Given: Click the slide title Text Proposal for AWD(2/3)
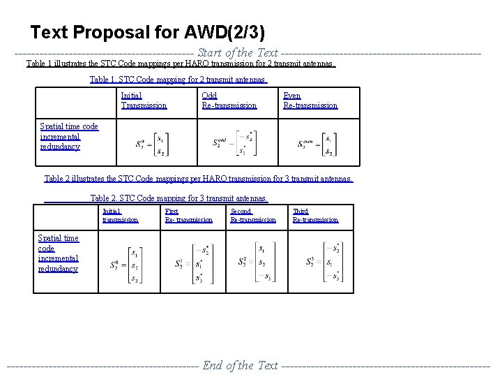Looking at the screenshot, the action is (147, 32).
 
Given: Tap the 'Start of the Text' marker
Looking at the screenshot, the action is (238, 52).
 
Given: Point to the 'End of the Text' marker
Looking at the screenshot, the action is (240, 365).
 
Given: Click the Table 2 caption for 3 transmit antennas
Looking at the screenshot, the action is (178, 198).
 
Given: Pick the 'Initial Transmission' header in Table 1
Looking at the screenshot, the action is (144, 101).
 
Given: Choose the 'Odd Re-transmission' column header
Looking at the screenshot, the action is (229, 101).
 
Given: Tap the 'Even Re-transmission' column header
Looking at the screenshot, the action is (310, 101).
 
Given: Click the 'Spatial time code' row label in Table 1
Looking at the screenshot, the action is (69, 136).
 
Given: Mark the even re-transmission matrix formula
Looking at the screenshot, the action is (315, 145).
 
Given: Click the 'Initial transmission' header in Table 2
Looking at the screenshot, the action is (120, 216).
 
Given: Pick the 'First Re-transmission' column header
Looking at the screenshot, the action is (188, 216).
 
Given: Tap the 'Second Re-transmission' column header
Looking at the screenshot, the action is (252, 216).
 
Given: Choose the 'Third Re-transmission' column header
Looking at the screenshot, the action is (315, 216).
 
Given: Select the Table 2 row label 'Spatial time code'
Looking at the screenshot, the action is (58, 253).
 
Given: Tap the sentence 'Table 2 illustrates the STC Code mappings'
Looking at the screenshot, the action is (198, 179).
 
